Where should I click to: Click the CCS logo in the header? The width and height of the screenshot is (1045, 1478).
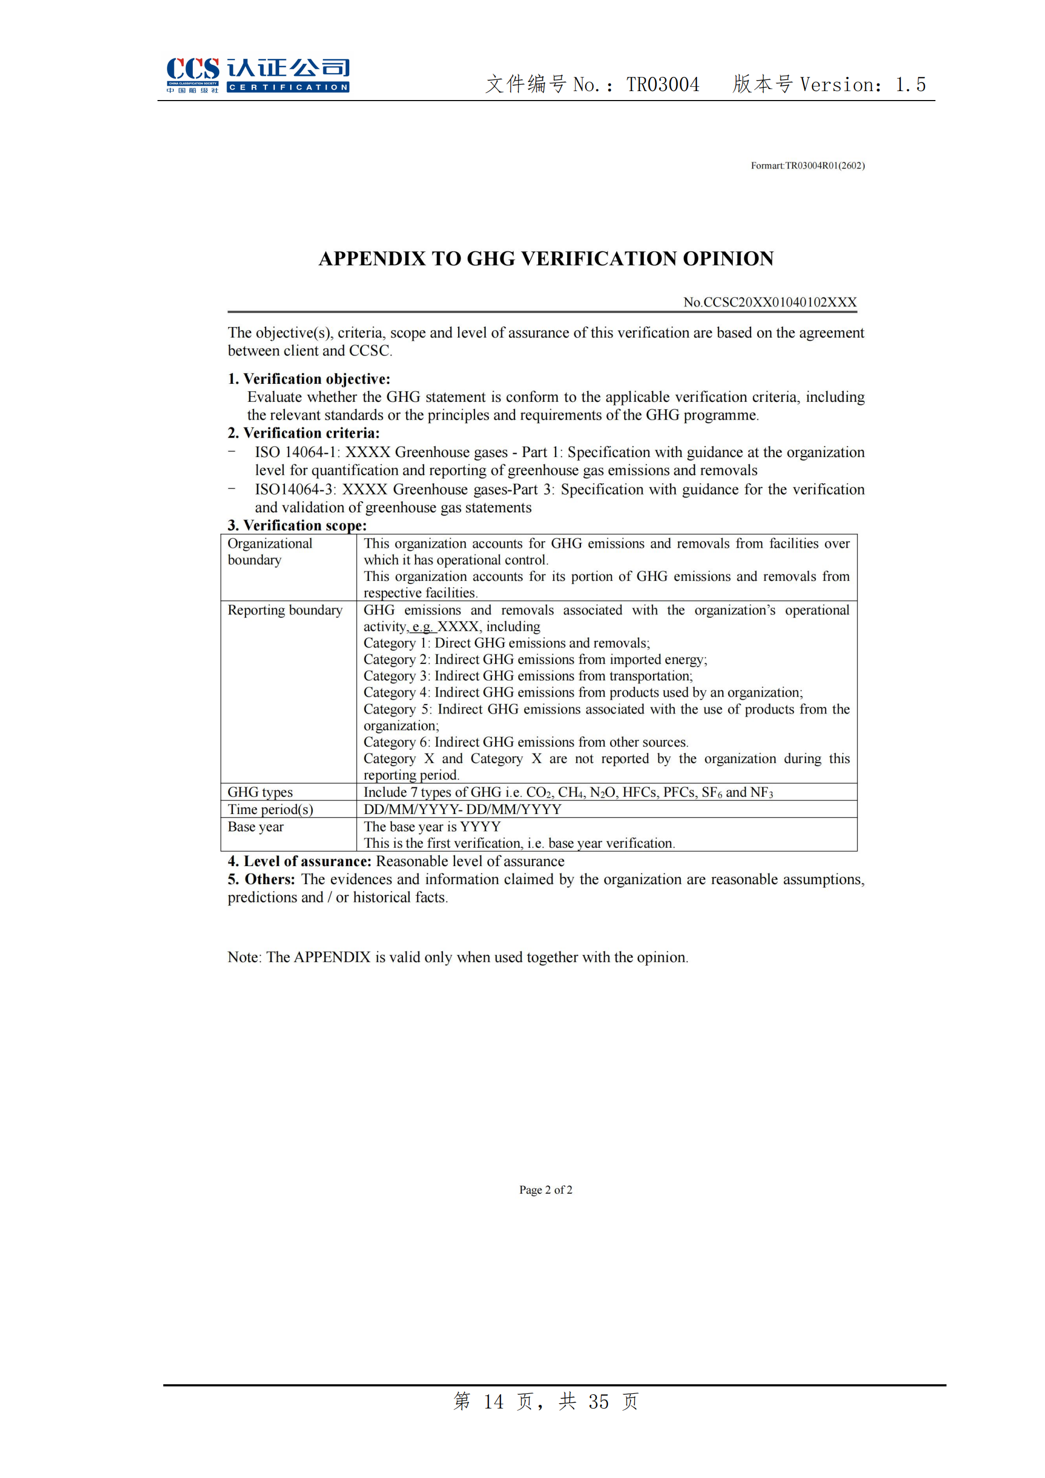coord(257,75)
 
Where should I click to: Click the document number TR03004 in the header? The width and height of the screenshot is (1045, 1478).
coord(663,84)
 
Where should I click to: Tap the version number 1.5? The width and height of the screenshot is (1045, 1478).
coord(911,84)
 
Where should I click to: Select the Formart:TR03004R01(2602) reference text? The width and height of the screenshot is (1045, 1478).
coord(807,165)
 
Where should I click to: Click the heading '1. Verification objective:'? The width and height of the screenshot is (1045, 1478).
coord(309,379)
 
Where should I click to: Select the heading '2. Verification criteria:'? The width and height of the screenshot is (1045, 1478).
coord(304,433)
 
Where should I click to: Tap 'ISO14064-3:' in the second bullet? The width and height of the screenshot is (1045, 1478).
coord(295,489)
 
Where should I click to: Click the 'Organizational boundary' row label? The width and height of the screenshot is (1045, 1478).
coord(270,552)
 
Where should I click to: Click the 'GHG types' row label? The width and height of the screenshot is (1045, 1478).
coord(260,792)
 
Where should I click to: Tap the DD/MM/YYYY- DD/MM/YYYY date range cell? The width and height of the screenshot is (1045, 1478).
coord(462,809)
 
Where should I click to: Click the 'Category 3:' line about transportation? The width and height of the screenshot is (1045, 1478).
coord(528,676)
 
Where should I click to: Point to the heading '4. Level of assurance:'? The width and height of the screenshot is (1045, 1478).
coord(299,861)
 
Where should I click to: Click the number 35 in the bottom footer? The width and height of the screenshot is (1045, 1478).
coord(598,1402)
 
